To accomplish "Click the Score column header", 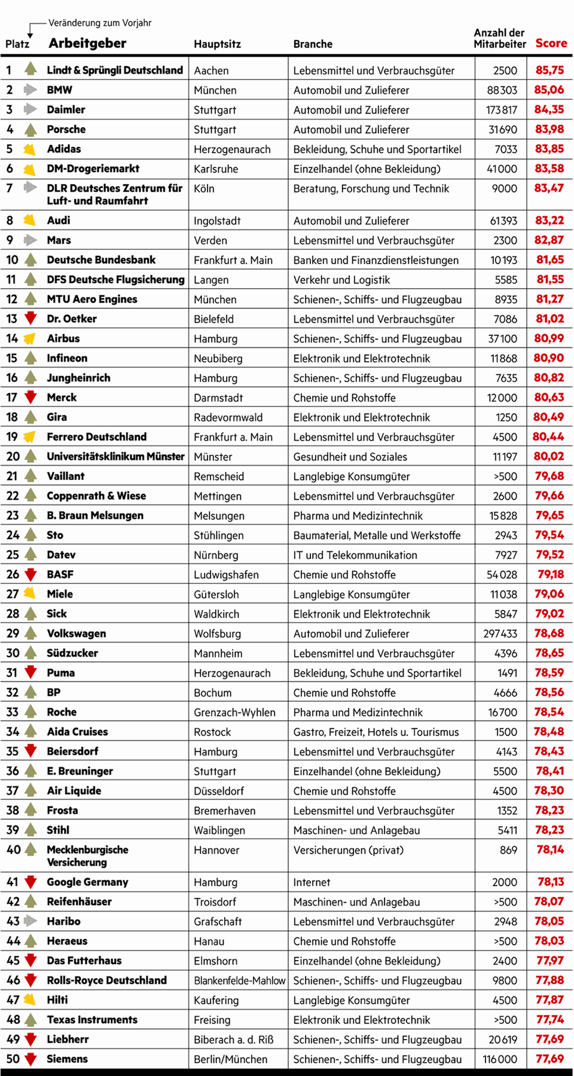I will point(551,43).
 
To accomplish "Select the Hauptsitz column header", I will point(217,44).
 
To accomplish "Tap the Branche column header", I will point(313,44).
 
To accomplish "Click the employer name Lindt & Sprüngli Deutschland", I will point(115,70).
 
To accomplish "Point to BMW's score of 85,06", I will point(549,90).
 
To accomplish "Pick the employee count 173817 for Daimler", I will point(501,110).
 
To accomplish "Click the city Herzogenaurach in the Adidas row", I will point(232,149).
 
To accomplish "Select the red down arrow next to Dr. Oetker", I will point(30,318).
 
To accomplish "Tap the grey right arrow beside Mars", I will point(30,240).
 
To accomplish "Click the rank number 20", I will point(13,457).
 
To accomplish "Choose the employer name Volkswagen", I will point(77,634).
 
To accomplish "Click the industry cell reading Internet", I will point(312,882).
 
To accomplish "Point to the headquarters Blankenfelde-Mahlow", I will point(239,980).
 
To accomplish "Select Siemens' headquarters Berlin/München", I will point(230,1059).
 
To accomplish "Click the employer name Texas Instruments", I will point(92,1020).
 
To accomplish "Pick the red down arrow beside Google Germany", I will point(30,882).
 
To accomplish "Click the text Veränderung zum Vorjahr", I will point(100,23).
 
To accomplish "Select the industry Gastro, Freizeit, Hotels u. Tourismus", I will point(376,732).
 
